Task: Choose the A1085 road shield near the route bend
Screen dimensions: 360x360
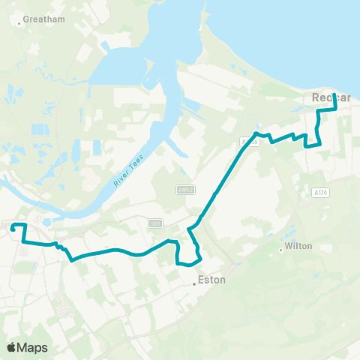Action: click(249, 140)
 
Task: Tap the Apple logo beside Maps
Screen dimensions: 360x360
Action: click(11, 347)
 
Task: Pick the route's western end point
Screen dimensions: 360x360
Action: click(11, 226)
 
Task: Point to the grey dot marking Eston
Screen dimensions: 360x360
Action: click(193, 283)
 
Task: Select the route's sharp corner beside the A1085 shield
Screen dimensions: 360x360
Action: click(256, 133)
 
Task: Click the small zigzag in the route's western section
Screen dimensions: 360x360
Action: click(60, 248)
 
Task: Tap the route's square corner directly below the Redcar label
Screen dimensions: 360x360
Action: click(318, 111)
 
